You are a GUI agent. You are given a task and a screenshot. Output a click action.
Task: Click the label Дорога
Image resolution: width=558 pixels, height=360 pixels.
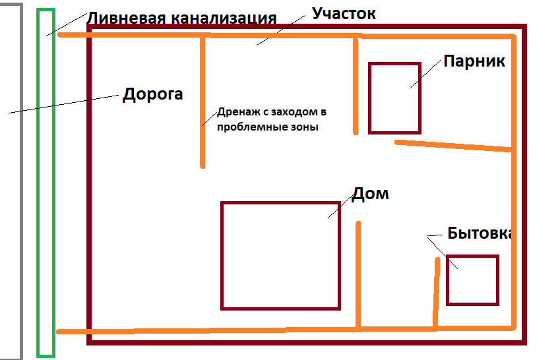(x=152, y=94)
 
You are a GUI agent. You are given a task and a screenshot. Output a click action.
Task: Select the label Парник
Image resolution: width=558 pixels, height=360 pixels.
(x=474, y=61)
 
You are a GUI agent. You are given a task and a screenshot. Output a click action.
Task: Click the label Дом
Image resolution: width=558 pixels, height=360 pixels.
(x=370, y=193)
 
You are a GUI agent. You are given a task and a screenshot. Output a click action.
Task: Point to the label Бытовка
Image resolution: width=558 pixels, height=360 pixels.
(x=480, y=233)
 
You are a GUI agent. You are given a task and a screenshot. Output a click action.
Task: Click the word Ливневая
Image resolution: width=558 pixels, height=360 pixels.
(x=125, y=17)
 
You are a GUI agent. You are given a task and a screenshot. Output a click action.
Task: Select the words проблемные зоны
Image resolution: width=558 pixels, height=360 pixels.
(x=268, y=127)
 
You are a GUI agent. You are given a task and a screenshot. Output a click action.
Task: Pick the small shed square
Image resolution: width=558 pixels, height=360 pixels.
(x=472, y=280)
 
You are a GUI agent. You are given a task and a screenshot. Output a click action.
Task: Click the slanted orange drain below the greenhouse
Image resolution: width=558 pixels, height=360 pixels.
(x=455, y=146)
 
